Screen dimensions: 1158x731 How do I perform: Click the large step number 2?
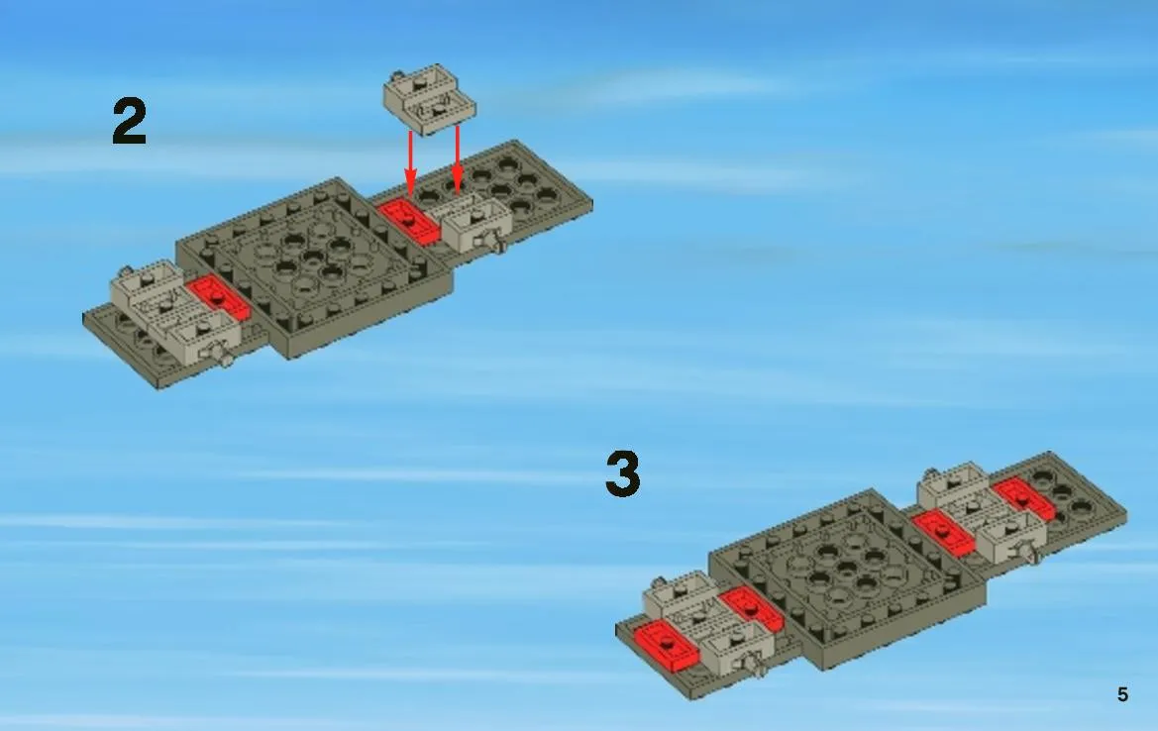(129, 122)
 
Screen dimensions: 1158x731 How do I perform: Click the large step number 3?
(622, 473)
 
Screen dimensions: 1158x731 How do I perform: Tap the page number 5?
(1122, 694)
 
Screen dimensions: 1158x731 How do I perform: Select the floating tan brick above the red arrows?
(429, 100)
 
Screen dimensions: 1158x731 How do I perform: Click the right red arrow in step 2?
(457, 158)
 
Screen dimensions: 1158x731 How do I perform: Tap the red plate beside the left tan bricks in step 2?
(218, 297)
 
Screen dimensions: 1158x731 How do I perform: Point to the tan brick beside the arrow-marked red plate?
(476, 223)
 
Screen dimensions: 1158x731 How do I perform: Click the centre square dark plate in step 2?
(315, 267)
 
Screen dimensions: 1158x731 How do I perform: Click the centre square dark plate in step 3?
(848, 578)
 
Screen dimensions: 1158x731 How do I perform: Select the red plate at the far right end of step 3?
(1023, 498)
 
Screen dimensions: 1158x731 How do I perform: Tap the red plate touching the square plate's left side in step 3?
(752, 609)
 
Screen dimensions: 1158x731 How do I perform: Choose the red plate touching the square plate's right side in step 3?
(943, 532)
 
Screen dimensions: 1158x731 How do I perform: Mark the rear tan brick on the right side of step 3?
(954, 485)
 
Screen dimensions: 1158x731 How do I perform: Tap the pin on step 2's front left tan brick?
(224, 357)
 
